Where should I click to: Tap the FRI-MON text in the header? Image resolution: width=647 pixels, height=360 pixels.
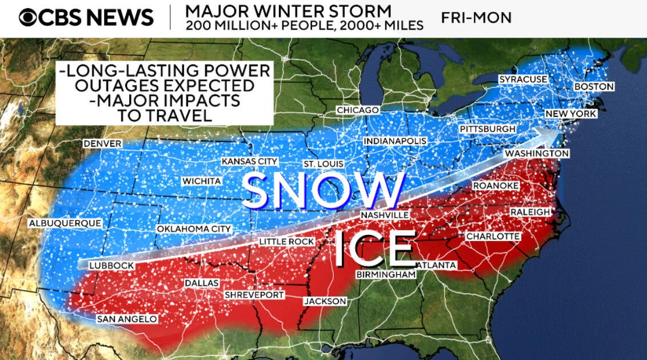tap(476, 18)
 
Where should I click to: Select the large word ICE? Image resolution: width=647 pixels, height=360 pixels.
tap(374, 249)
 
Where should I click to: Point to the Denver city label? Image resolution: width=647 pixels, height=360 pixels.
tap(102, 143)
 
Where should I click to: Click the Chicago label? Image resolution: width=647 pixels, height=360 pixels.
tap(358, 110)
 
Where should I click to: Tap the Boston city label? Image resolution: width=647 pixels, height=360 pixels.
tap(594, 86)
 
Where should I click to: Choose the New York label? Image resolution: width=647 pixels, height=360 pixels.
tap(571, 114)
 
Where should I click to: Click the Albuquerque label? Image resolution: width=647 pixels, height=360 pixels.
tap(65, 223)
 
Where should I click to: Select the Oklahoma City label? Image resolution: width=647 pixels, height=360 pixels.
tap(194, 229)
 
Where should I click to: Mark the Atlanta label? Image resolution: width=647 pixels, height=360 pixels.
tap(437, 265)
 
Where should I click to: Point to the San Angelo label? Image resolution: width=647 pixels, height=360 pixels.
tap(126, 319)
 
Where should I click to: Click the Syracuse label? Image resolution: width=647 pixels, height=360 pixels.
tap(523, 79)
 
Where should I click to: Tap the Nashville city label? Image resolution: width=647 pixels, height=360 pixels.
tap(385, 215)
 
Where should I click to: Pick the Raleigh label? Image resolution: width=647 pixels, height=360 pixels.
tap(530, 212)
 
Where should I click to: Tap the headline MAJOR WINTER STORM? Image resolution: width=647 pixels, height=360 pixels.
tap(289, 11)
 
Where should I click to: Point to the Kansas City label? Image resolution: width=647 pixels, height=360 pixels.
tap(249, 162)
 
